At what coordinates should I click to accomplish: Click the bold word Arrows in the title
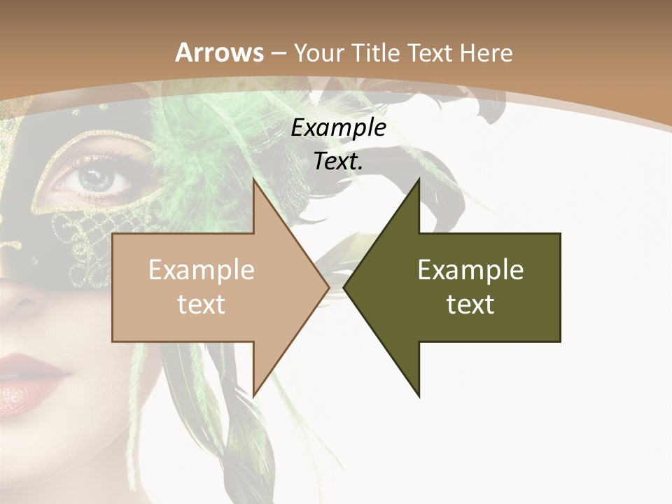click(x=219, y=52)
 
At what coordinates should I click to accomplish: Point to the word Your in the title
click(x=316, y=53)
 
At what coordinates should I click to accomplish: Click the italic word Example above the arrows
click(x=338, y=128)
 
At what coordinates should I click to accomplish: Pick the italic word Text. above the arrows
click(x=338, y=162)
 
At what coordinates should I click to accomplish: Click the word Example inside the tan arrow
click(x=201, y=269)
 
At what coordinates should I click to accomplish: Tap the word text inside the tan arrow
click(x=201, y=304)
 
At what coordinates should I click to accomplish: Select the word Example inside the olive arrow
click(x=470, y=269)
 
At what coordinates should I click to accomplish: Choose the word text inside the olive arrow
click(x=470, y=304)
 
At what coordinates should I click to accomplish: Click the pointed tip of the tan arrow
click(x=327, y=287)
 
